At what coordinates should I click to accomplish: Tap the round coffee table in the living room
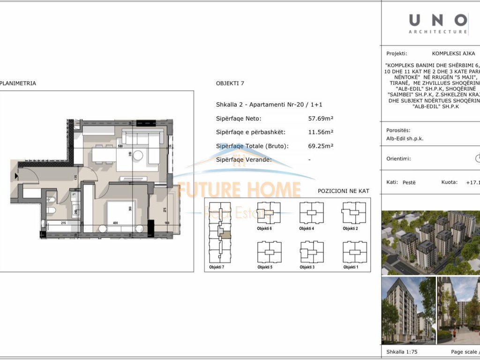138,155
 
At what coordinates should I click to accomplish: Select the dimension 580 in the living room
120,146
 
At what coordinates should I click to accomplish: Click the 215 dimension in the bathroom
63,223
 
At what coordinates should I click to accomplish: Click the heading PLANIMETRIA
18,83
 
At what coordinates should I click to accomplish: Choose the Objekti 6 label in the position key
264,228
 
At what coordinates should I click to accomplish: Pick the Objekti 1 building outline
354,252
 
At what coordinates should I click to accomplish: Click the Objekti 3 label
307,267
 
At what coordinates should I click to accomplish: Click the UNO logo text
438,20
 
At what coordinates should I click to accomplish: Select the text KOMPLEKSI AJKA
453,54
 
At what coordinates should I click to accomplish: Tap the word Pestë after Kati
409,182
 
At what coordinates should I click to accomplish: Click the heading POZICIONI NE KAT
344,191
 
